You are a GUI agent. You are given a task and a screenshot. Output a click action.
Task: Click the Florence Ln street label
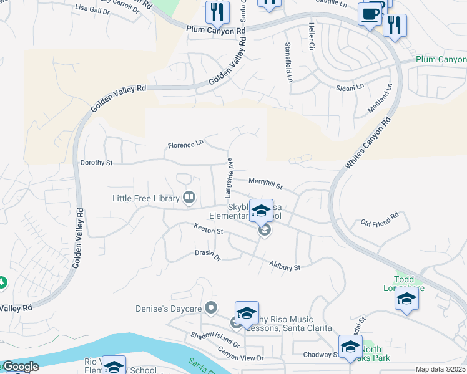[185, 145]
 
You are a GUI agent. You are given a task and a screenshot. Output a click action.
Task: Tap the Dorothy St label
[96, 163]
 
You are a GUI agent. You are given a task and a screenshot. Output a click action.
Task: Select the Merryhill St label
[266, 183]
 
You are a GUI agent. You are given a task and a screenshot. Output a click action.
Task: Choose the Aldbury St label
[285, 266]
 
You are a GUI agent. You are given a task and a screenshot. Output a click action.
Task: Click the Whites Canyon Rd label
[369, 143]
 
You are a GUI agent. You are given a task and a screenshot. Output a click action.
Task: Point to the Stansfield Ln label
[288, 63]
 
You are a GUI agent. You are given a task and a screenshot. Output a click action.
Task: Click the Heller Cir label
[310, 39]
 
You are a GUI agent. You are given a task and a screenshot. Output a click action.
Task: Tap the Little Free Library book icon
[189, 198]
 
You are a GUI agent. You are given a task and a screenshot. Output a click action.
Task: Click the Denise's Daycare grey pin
[211, 308]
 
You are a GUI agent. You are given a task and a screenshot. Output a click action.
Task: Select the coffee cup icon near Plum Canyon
[370, 14]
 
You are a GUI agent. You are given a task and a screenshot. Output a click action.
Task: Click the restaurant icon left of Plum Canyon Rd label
[217, 12]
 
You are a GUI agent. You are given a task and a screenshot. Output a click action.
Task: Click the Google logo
[20, 367]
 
